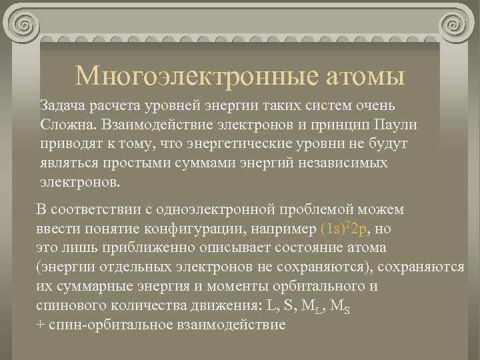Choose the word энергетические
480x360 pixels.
270,143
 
